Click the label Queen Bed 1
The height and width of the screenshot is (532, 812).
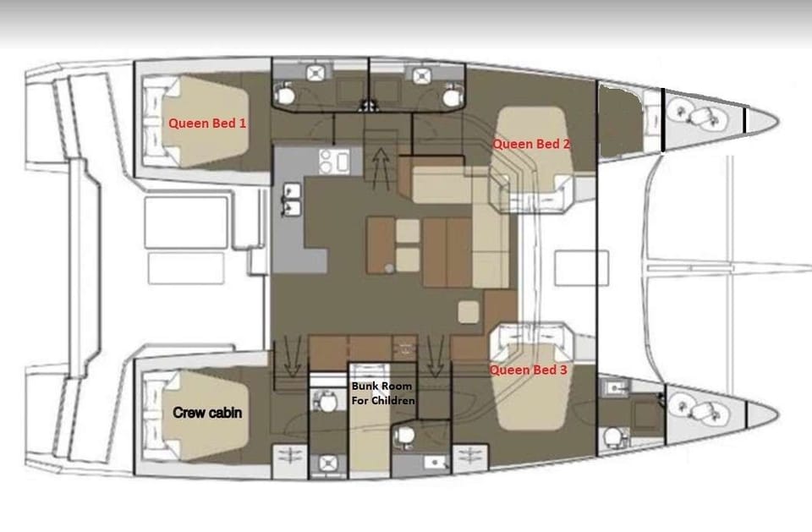pos(207,123)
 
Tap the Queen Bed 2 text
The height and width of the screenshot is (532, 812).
pos(531,144)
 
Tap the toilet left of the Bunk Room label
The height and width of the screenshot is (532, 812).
pos(323,400)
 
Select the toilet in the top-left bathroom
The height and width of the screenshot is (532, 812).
pos(287,97)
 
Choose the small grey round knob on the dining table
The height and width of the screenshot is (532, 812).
pos(388,268)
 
